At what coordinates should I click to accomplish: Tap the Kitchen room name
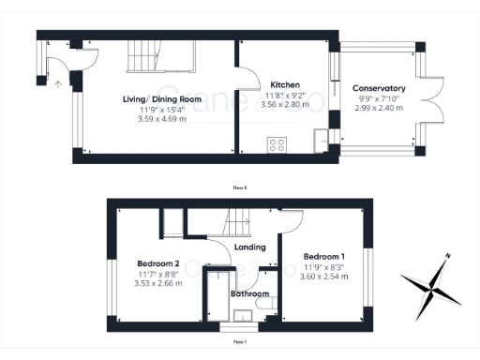(x=285, y=83)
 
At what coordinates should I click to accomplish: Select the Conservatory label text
(x=379, y=88)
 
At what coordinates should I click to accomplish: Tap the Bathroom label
(x=250, y=294)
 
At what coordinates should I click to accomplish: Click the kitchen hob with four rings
(x=277, y=144)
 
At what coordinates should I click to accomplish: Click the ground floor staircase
(x=159, y=59)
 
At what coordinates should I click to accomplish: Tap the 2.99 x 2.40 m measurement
(x=379, y=108)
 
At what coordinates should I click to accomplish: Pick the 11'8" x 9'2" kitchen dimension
(x=285, y=94)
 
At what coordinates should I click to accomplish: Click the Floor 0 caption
(x=239, y=187)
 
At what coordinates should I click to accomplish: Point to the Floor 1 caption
(x=239, y=341)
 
